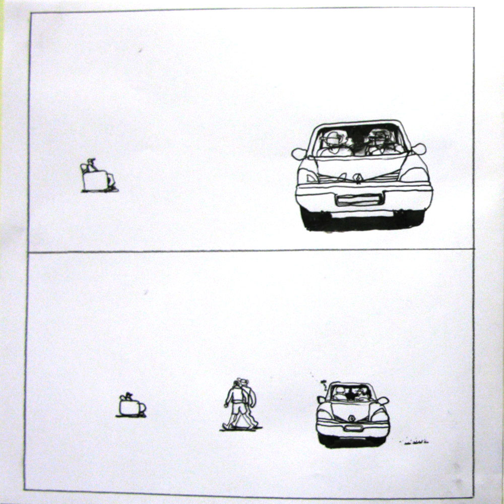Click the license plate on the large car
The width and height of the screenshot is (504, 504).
[x=359, y=200]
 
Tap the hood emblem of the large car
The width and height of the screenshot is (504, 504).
[x=358, y=177]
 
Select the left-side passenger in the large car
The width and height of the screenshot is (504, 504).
[x=335, y=143]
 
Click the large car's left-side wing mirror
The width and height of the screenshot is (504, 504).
[x=299, y=153]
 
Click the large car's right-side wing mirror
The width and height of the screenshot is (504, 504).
[x=419, y=149]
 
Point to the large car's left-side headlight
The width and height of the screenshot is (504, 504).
[x=308, y=176]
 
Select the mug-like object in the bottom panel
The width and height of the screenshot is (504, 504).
[x=131, y=406]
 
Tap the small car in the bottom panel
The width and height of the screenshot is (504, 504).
[x=352, y=415]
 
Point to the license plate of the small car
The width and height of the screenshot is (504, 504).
[x=353, y=428]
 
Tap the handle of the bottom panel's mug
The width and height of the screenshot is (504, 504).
[x=142, y=407]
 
